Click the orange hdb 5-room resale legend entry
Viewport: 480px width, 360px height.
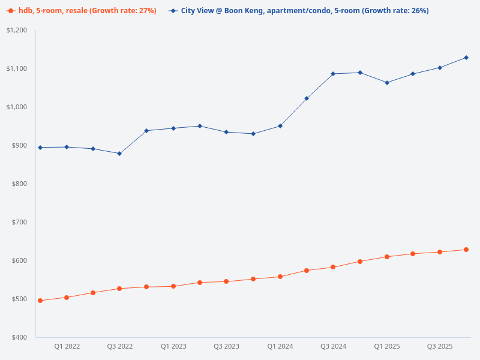click(82, 11)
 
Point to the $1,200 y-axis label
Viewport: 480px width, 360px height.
click(17, 30)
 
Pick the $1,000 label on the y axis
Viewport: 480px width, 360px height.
click(17, 107)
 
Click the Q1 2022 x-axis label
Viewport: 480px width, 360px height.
click(67, 346)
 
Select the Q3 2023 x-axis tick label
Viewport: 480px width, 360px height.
click(226, 346)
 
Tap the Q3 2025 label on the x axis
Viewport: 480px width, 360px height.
click(440, 346)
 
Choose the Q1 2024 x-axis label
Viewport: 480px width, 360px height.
click(280, 346)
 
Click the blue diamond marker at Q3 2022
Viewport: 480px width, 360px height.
click(119, 154)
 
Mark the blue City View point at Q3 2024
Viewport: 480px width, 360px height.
click(333, 74)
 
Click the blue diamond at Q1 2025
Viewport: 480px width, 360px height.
click(387, 83)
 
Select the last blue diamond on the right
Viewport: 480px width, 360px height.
click(466, 58)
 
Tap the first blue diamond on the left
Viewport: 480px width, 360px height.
click(40, 148)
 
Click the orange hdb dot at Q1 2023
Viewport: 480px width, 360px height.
click(173, 286)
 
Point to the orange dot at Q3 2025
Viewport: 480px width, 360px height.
click(440, 252)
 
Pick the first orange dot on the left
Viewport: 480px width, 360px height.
click(40, 301)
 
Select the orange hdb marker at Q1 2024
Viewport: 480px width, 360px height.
click(280, 277)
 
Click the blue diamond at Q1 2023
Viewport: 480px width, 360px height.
click(173, 128)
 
